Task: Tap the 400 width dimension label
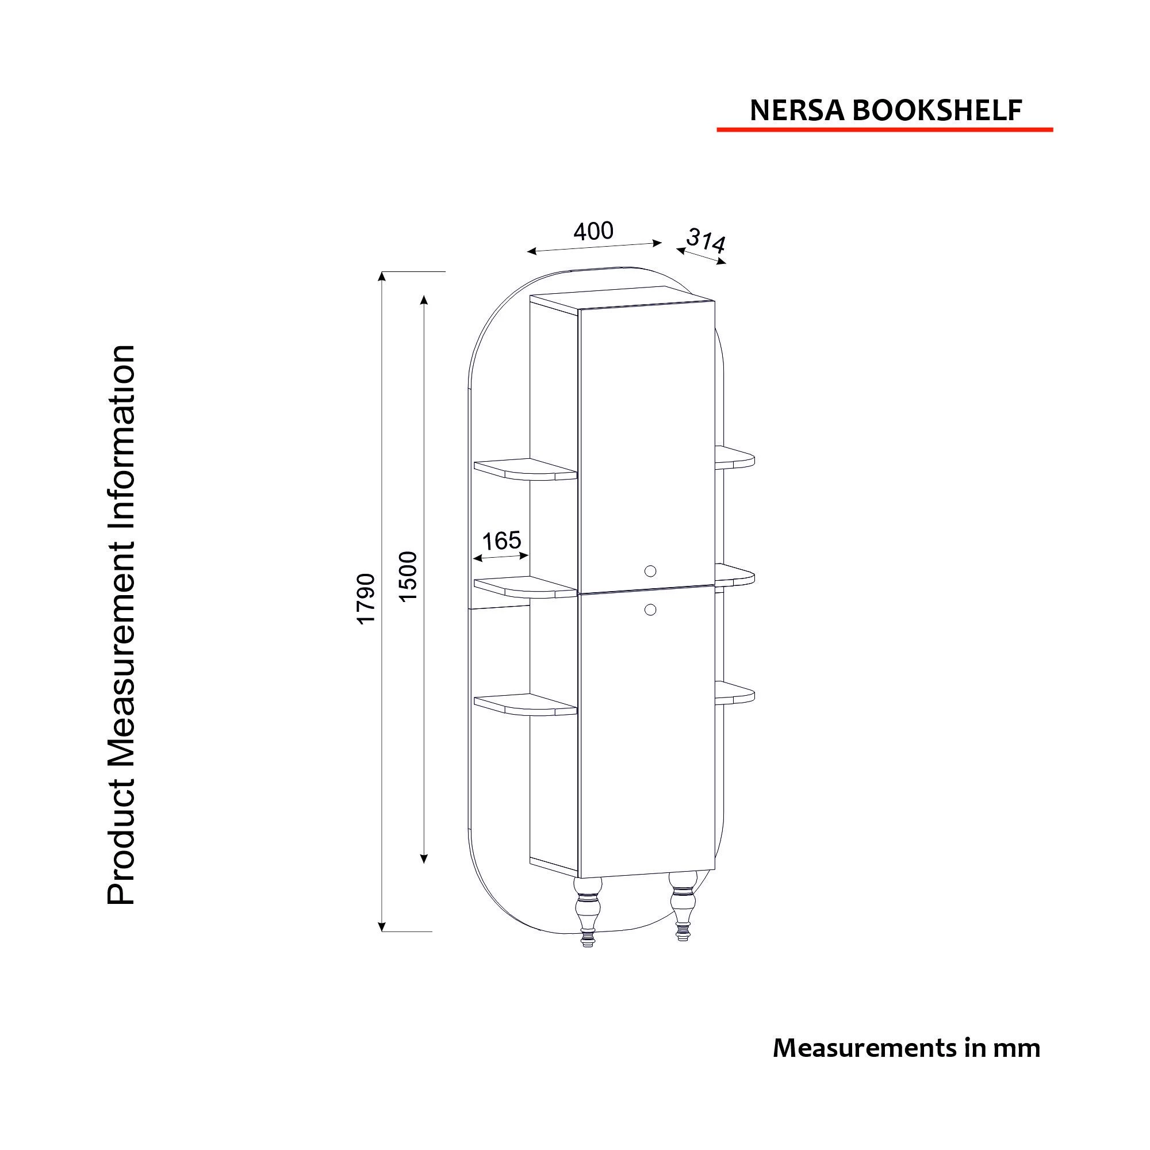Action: (593, 231)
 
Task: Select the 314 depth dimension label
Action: (706, 240)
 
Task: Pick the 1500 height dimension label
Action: (409, 577)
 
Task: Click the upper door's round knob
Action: (650, 571)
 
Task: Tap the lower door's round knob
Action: (650, 609)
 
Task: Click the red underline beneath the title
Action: (884, 129)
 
